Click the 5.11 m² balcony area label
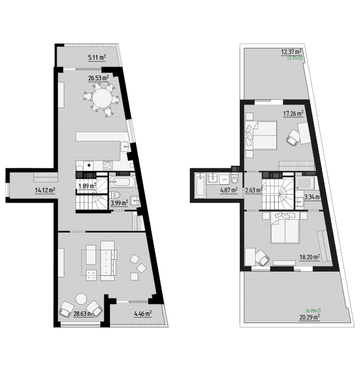(x=97, y=57)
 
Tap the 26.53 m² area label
(x=98, y=78)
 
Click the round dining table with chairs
(x=102, y=98)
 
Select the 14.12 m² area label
(x=45, y=190)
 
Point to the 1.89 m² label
(x=87, y=186)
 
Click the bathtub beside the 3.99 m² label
(x=122, y=182)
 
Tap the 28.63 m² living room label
(x=82, y=313)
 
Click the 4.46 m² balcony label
(x=142, y=313)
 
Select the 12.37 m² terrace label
(x=291, y=52)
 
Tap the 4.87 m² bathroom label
(x=228, y=190)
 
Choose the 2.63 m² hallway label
(x=253, y=190)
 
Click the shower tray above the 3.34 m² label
(x=305, y=183)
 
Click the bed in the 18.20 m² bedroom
(x=285, y=231)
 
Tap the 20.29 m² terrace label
(x=310, y=317)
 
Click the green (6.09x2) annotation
(x=313, y=310)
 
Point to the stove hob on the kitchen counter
(x=108, y=165)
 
